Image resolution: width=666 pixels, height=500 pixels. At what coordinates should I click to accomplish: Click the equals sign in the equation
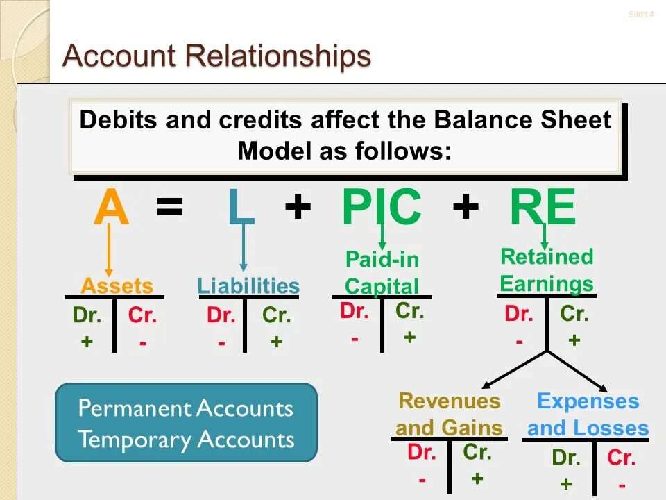[170, 207]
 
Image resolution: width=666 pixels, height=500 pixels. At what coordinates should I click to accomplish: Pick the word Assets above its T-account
[117, 285]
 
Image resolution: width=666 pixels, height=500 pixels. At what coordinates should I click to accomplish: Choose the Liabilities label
[248, 285]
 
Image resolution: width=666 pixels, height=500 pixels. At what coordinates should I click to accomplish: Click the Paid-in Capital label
[382, 273]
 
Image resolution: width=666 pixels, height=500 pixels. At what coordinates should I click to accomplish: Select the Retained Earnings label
[547, 270]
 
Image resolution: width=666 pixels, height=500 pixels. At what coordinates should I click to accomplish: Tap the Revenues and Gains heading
[449, 414]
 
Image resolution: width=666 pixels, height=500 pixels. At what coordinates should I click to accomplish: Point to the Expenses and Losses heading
[588, 414]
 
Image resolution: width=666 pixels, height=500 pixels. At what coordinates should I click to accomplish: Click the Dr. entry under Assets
[87, 316]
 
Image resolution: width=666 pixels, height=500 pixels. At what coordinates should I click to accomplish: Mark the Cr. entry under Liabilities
[276, 316]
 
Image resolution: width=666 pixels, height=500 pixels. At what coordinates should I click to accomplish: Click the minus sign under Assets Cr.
[142, 342]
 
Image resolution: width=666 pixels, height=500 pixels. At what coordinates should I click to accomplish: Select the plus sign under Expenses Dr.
[565, 484]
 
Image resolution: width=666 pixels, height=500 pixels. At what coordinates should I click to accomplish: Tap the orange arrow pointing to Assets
[108, 250]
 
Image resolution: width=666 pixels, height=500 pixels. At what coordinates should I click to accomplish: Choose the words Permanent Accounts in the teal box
[185, 408]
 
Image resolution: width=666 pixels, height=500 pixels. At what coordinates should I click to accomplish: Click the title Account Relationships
[216, 56]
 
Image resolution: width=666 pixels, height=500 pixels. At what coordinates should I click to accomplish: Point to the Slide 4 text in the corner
[640, 15]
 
